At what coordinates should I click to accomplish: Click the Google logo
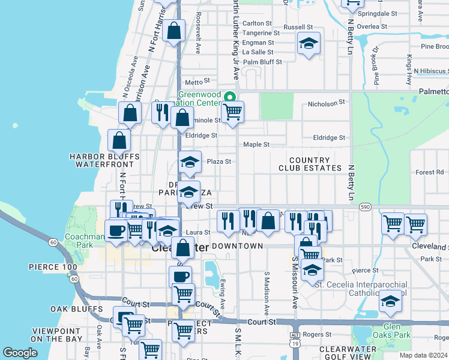19,353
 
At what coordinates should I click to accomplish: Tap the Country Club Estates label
309,164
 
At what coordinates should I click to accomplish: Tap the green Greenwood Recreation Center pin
229,97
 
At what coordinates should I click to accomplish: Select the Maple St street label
256,145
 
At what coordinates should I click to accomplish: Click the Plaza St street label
218,161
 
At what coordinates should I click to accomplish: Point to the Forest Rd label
429,172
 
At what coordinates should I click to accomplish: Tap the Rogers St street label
318,334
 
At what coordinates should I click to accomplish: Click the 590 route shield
366,207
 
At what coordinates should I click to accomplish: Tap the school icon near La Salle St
309,43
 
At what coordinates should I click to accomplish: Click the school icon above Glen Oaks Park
390,301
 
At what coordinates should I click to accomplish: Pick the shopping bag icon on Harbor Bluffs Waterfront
119,140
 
